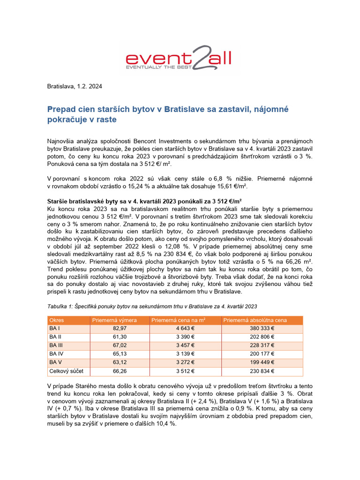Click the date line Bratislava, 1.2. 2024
[x=75, y=86]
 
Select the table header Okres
[x=57, y=320]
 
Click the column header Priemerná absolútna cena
[x=255, y=320]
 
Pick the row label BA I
[x=55, y=329]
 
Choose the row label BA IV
[x=56, y=354]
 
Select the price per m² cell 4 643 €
[x=185, y=329]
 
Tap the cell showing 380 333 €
[x=263, y=329]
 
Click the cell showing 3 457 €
[x=185, y=345]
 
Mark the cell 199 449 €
[x=263, y=362]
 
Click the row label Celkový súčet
[x=66, y=371]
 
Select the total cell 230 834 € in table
[x=263, y=371]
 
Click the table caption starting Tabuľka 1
[x=152, y=306]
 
